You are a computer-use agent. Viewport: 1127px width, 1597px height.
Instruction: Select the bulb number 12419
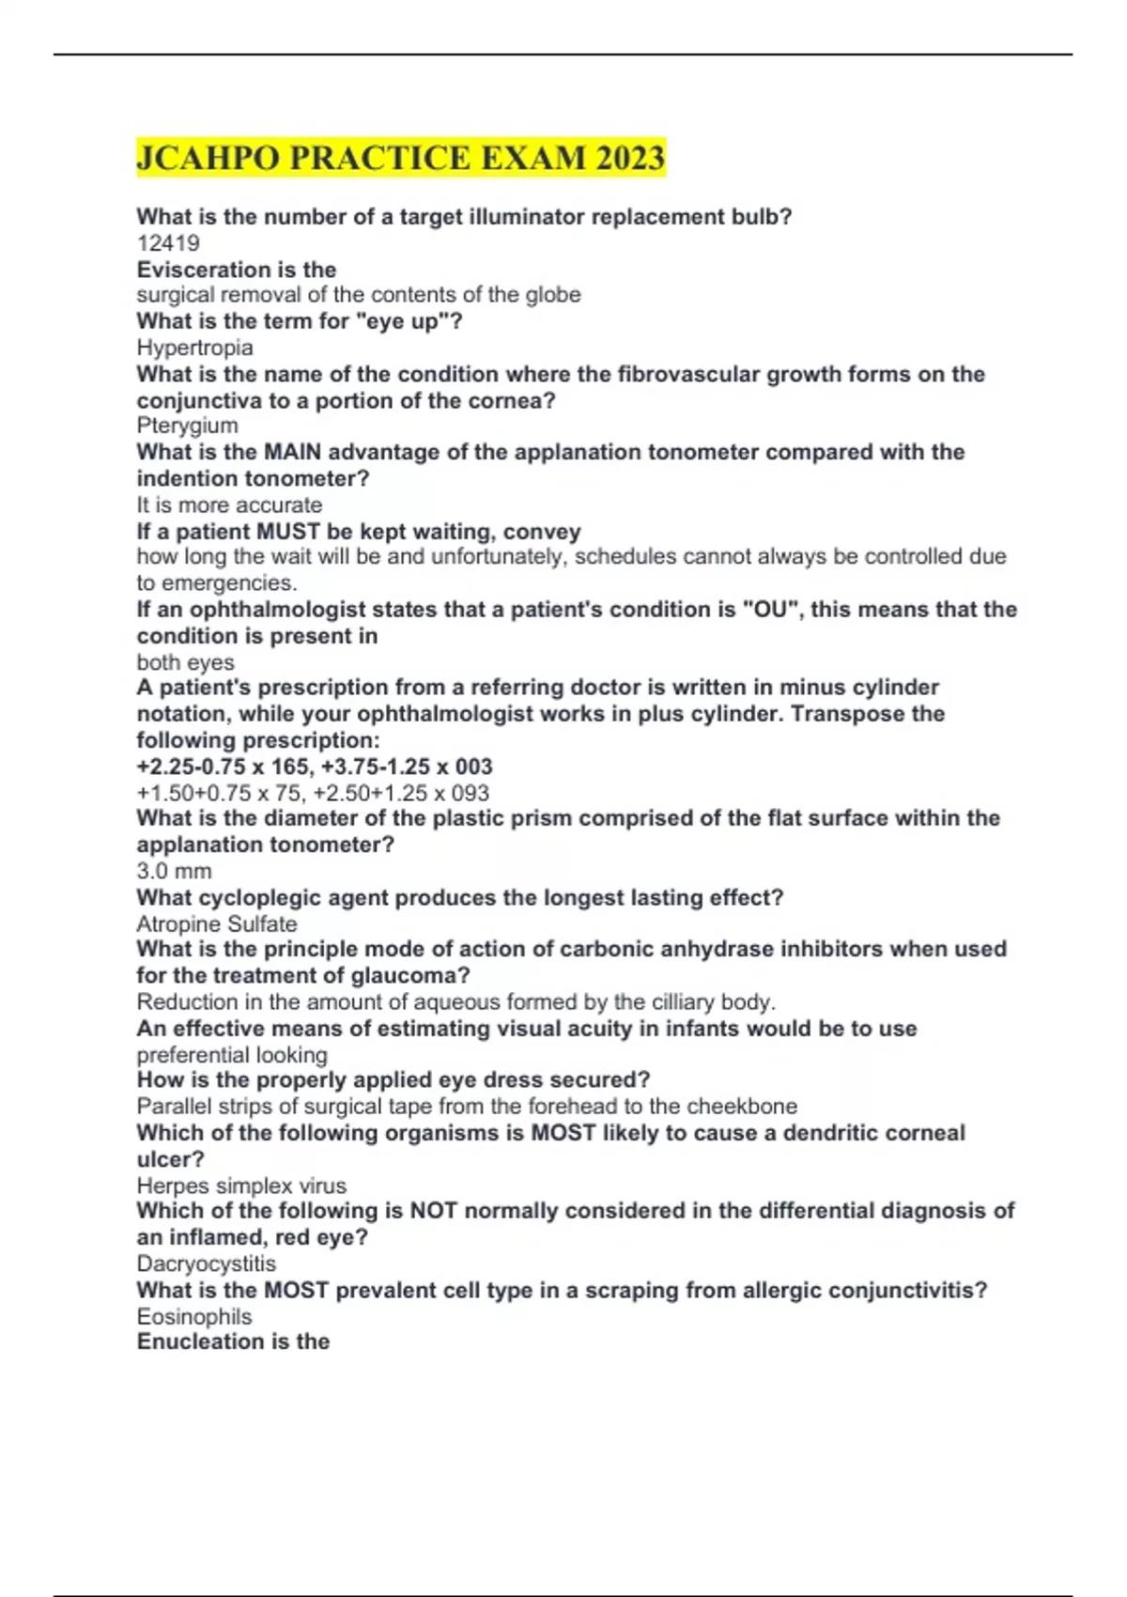168,243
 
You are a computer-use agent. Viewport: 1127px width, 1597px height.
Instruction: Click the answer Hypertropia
195,348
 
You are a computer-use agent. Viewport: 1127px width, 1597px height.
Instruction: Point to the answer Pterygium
187,426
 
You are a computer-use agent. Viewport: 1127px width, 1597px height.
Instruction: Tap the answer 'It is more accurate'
229,504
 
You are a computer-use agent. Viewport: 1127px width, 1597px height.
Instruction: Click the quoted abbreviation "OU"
770,609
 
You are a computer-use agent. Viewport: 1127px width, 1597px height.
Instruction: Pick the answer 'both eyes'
185,662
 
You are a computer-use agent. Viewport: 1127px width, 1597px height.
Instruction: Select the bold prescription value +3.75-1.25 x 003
407,767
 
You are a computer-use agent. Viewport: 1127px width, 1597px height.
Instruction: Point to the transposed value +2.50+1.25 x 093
401,793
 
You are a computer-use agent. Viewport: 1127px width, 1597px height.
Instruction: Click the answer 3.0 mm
174,871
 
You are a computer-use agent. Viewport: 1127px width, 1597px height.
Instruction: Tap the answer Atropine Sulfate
217,923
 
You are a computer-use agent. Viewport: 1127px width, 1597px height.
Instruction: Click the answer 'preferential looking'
232,1055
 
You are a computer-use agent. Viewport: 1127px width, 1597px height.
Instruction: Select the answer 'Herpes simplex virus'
241,1186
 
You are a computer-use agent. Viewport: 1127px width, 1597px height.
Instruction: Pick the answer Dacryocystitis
207,1264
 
